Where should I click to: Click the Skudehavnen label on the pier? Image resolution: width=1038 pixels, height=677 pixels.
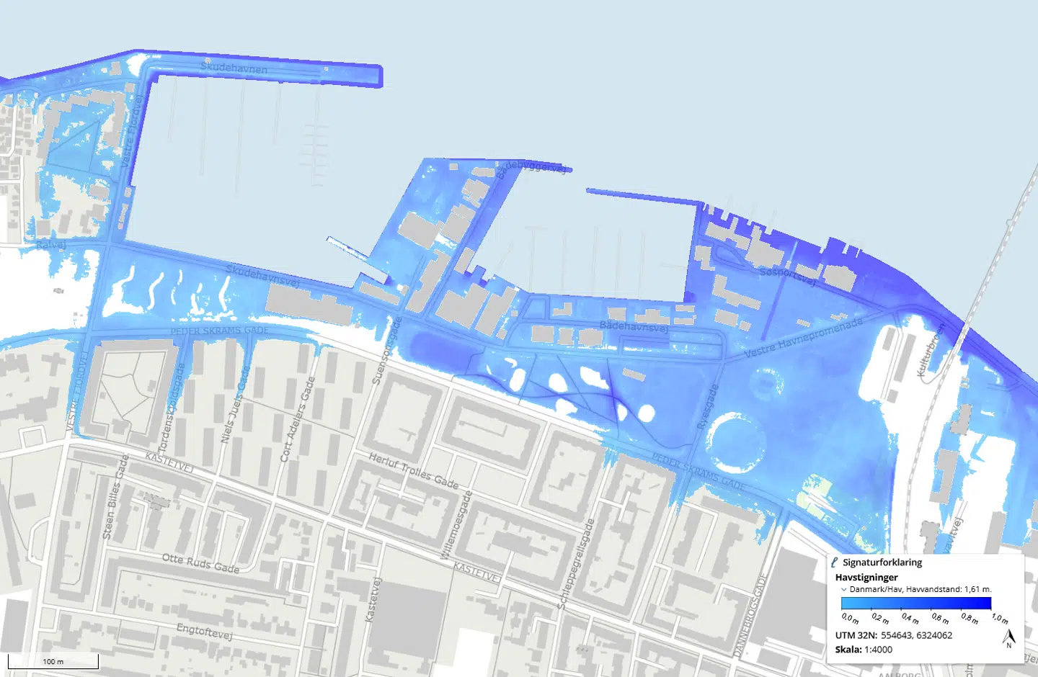coord(234,68)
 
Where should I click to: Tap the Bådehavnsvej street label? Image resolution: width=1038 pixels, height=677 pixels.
coord(634,326)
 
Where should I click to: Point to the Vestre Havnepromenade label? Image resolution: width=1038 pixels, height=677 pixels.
coord(803,337)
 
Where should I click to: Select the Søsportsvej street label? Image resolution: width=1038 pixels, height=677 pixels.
coord(787,275)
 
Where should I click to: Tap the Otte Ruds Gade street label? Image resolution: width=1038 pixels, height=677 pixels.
coord(200,563)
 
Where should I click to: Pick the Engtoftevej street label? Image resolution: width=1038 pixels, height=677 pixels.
coord(204,632)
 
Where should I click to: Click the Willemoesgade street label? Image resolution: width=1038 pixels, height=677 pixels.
coord(456,524)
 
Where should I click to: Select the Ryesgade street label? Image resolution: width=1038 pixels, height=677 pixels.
coord(708,407)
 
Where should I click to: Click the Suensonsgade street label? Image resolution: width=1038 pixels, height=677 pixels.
coord(383,351)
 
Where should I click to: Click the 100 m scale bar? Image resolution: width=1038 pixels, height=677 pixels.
coord(53,661)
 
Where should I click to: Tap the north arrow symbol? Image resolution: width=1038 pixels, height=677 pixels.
coord(1009,638)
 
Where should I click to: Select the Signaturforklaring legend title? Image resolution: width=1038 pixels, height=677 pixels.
coord(882,562)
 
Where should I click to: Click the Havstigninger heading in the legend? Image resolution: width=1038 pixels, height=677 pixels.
coord(866,577)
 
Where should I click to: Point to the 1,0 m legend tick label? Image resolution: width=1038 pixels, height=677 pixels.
coord(1000,619)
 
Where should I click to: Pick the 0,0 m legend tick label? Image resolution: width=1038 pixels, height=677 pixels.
coord(851,619)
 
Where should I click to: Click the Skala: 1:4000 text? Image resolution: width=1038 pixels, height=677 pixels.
coord(864,650)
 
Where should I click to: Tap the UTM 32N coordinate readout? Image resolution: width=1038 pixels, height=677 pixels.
coord(894,635)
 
